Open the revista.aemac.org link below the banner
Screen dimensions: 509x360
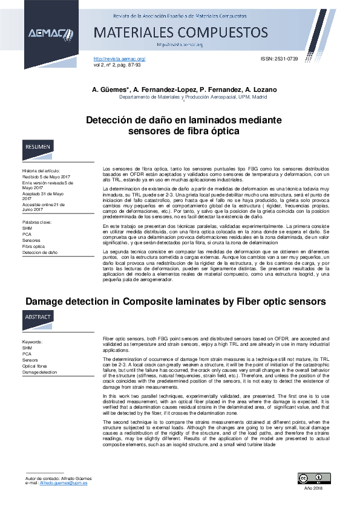119,59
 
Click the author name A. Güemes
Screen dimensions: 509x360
106,89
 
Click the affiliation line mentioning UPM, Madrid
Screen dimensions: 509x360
192,97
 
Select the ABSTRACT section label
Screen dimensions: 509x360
39,317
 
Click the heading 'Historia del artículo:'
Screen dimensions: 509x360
41,171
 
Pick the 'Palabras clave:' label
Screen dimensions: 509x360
38,223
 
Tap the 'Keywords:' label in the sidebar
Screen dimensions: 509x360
32,342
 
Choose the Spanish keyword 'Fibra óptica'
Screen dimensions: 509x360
34,247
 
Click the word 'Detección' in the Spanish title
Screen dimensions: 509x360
111,120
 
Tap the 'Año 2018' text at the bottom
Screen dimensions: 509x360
313,488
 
